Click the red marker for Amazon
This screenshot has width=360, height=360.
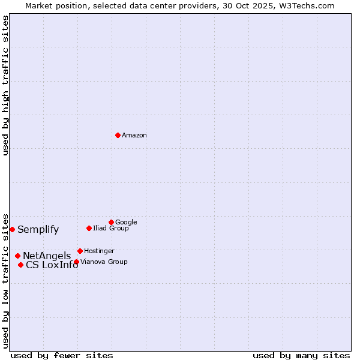(118, 135)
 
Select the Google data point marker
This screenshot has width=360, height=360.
(111, 222)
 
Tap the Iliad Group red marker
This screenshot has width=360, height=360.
(89, 228)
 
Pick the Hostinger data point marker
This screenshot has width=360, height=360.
(80, 251)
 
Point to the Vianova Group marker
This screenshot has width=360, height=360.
(76, 262)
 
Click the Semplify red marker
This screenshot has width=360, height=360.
(12, 229)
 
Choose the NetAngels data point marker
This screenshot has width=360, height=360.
(17, 256)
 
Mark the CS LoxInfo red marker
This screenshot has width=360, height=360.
(20, 265)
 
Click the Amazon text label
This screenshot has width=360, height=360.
(134, 135)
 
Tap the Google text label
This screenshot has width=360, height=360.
(126, 222)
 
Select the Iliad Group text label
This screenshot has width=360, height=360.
(111, 228)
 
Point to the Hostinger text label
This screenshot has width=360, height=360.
(99, 251)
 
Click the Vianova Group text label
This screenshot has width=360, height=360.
(104, 262)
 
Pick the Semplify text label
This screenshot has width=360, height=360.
(38, 229)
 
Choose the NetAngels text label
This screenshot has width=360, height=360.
(47, 256)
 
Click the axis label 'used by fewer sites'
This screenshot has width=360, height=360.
(62, 355)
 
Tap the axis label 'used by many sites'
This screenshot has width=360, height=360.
(301, 355)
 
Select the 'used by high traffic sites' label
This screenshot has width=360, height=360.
(5, 85)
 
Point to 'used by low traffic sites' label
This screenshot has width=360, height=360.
(5, 280)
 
